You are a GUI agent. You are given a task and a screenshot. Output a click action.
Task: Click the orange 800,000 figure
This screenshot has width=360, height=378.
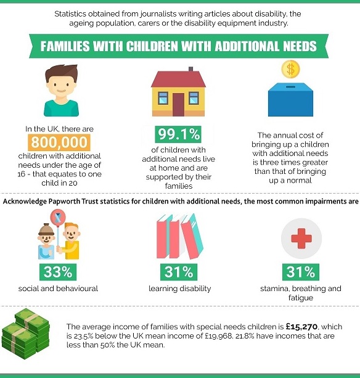(x=59, y=142)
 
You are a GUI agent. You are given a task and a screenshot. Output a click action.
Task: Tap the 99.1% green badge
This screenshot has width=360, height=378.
(x=178, y=134)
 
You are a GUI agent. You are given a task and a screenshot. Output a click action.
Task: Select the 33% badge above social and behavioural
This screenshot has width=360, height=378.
(x=58, y=272)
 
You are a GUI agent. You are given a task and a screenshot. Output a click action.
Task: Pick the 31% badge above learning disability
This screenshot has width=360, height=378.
(x=179, y=272)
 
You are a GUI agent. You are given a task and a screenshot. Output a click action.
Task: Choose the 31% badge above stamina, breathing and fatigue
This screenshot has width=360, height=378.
(x=301, y=272)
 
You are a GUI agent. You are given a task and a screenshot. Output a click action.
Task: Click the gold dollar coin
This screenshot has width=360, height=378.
(x=290, y=69)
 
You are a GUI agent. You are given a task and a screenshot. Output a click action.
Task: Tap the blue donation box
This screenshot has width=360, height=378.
(x=290, y=99)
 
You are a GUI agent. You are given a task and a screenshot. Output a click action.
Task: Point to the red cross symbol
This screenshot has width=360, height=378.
(x=301, y=239)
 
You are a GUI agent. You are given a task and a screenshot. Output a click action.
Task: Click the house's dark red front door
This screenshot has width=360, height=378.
(x=178, y=105)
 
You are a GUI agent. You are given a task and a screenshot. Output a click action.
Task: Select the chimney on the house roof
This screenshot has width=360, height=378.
(x=191, y=69)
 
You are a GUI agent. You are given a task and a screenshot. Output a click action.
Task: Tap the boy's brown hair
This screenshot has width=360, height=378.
(x=62, y=73)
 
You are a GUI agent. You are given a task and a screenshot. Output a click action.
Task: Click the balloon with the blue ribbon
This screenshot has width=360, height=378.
(x=58, y=217)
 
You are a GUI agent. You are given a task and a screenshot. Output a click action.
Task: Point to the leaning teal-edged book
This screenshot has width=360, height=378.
(x=192, y=236)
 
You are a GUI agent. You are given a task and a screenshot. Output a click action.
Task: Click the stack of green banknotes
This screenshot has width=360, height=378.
(x=25, y=334)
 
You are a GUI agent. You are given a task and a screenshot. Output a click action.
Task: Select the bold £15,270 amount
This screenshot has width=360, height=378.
(x=301, y=327)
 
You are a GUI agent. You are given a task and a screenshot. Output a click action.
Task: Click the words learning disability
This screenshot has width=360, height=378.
(x=180, y=289)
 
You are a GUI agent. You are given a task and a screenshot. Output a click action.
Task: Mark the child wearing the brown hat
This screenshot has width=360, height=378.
(x=46, y=241)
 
